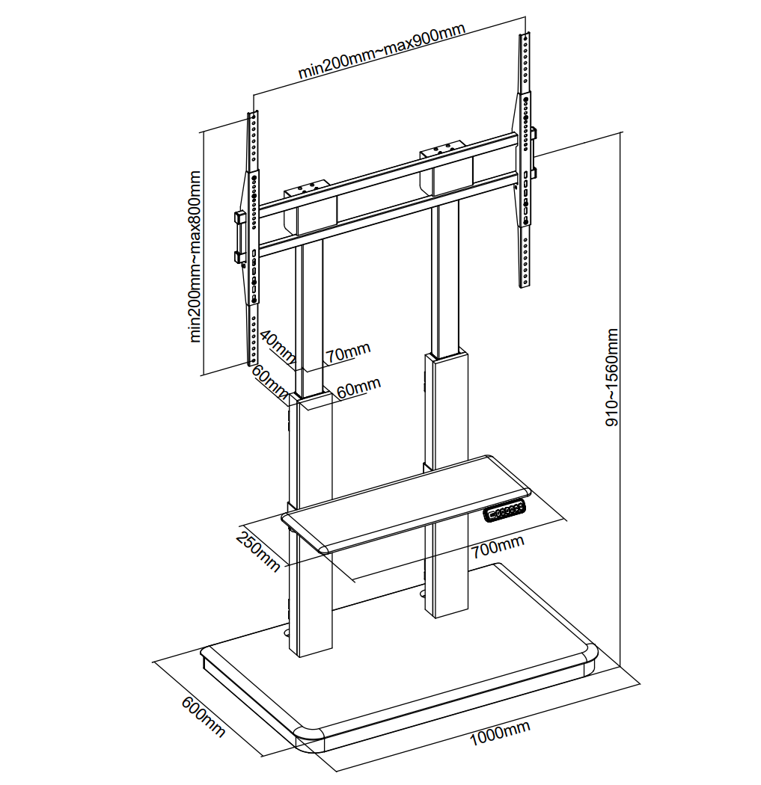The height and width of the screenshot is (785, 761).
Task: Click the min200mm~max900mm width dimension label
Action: pyautogui.click(x=382, y=50)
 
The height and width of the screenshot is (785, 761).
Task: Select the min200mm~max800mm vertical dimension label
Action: pyautogui.click(x=195, y=256)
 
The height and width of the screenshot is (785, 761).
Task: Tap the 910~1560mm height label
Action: pyautogui.click(x=611, y=378)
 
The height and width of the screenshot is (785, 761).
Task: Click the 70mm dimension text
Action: pyautogui.click(x=348, y=352)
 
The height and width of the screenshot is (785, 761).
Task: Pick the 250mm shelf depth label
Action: pyautogui.click(x=257, y=551)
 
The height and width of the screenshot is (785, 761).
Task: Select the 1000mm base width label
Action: pyautogui.click(x=499, y=733)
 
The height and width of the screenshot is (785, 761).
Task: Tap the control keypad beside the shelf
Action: pyautogui.click(x=504, y=511)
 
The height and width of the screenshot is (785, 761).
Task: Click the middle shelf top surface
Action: pyautogui.click(x=405, y=501)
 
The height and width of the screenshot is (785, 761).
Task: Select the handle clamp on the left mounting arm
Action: pyautogui.click(x=239, y=238)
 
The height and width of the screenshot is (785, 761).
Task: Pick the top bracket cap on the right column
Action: pyautogui.click(x=443, y=148)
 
